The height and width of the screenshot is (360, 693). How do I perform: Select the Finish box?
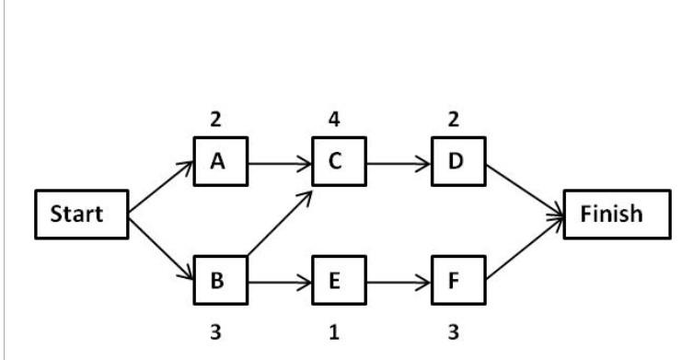(x=611, y=215)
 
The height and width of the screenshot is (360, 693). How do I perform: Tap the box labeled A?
(x=219, y=163)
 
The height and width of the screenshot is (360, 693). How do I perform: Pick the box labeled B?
(x=218, y=281)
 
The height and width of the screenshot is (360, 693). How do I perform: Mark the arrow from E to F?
(x=398, y=283)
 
